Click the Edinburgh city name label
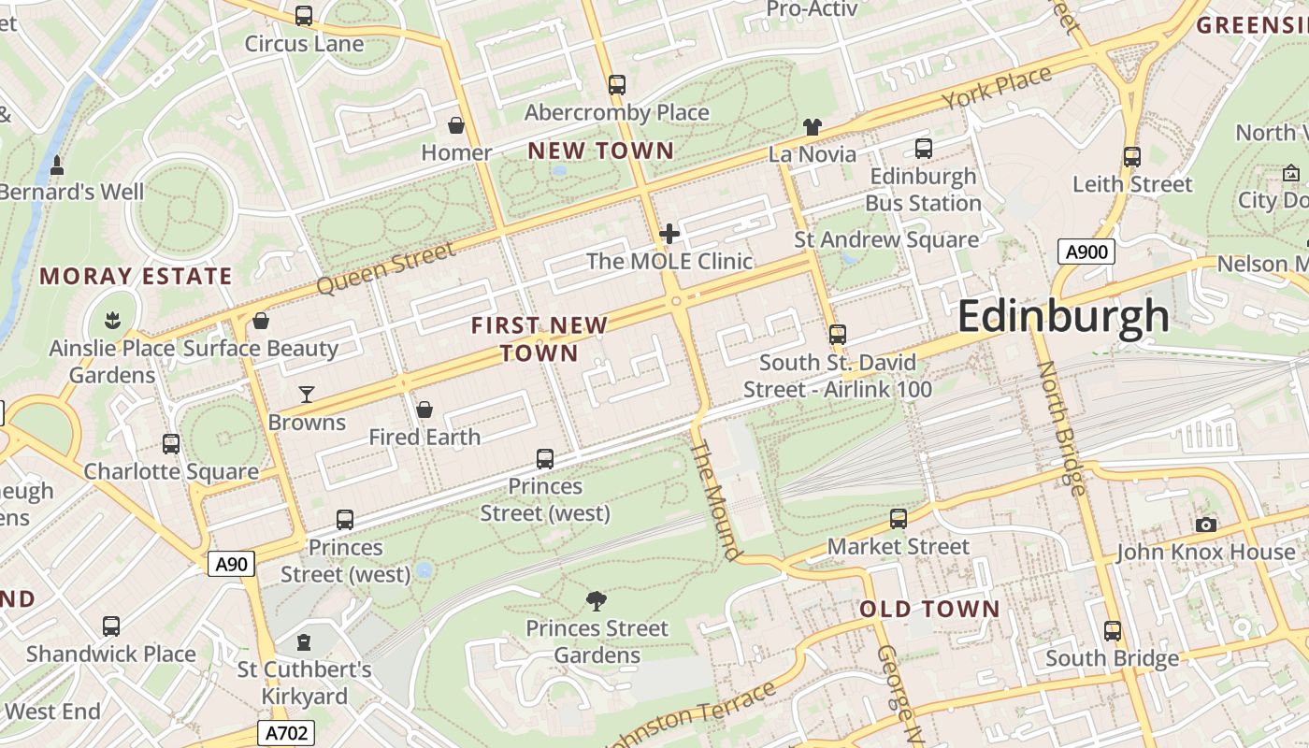click(x=1063, y=317)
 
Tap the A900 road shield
click(x=1086, y=252)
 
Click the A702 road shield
click(x=286, y=733)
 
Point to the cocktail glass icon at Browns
click(x=307, y=395)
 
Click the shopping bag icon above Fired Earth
click(x=424, y=410)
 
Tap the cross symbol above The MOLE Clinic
click(x=669, y=234)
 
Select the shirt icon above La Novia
click(x=812, y=126)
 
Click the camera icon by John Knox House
click(x=1206, y=525)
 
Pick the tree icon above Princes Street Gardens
click(x=597, y=600)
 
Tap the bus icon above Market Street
click(x=899, y=519)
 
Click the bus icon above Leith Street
click(x=1132, y=157)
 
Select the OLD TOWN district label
click(x=929, y=609)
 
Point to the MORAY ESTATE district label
click(x=136, y=276)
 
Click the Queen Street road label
click(x=386, y=267)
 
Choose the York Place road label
click(x=997, y=89)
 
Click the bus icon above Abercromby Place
click(x=616, y=85)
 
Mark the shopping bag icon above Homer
click(x=456, y=125)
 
